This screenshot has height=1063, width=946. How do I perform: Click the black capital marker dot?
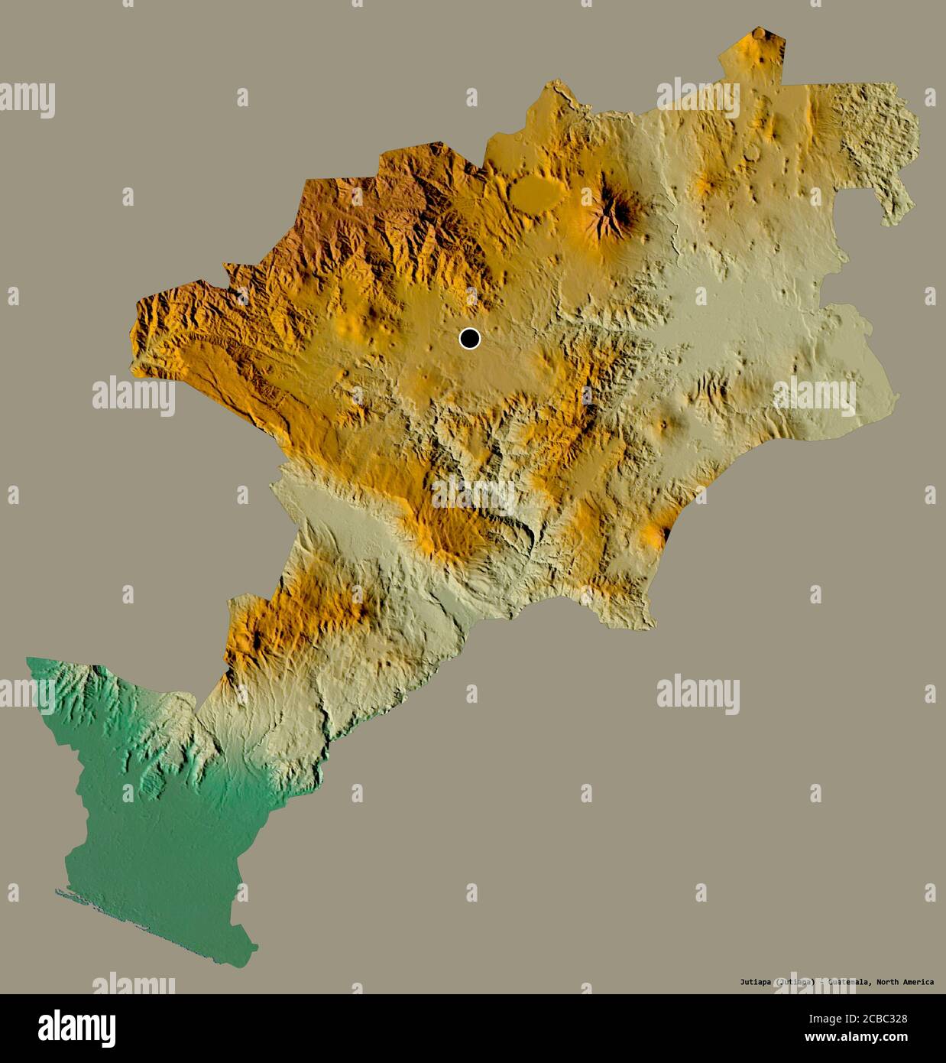coord(470,338)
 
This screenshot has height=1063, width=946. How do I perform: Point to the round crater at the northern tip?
coord(760,34)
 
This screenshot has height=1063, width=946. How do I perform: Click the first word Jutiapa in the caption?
coord(754,982)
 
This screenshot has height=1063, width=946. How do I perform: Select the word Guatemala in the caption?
coord(847,982)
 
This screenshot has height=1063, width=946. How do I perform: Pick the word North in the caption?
coord(883,982)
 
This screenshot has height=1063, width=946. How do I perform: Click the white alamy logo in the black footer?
coord(76,1025)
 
